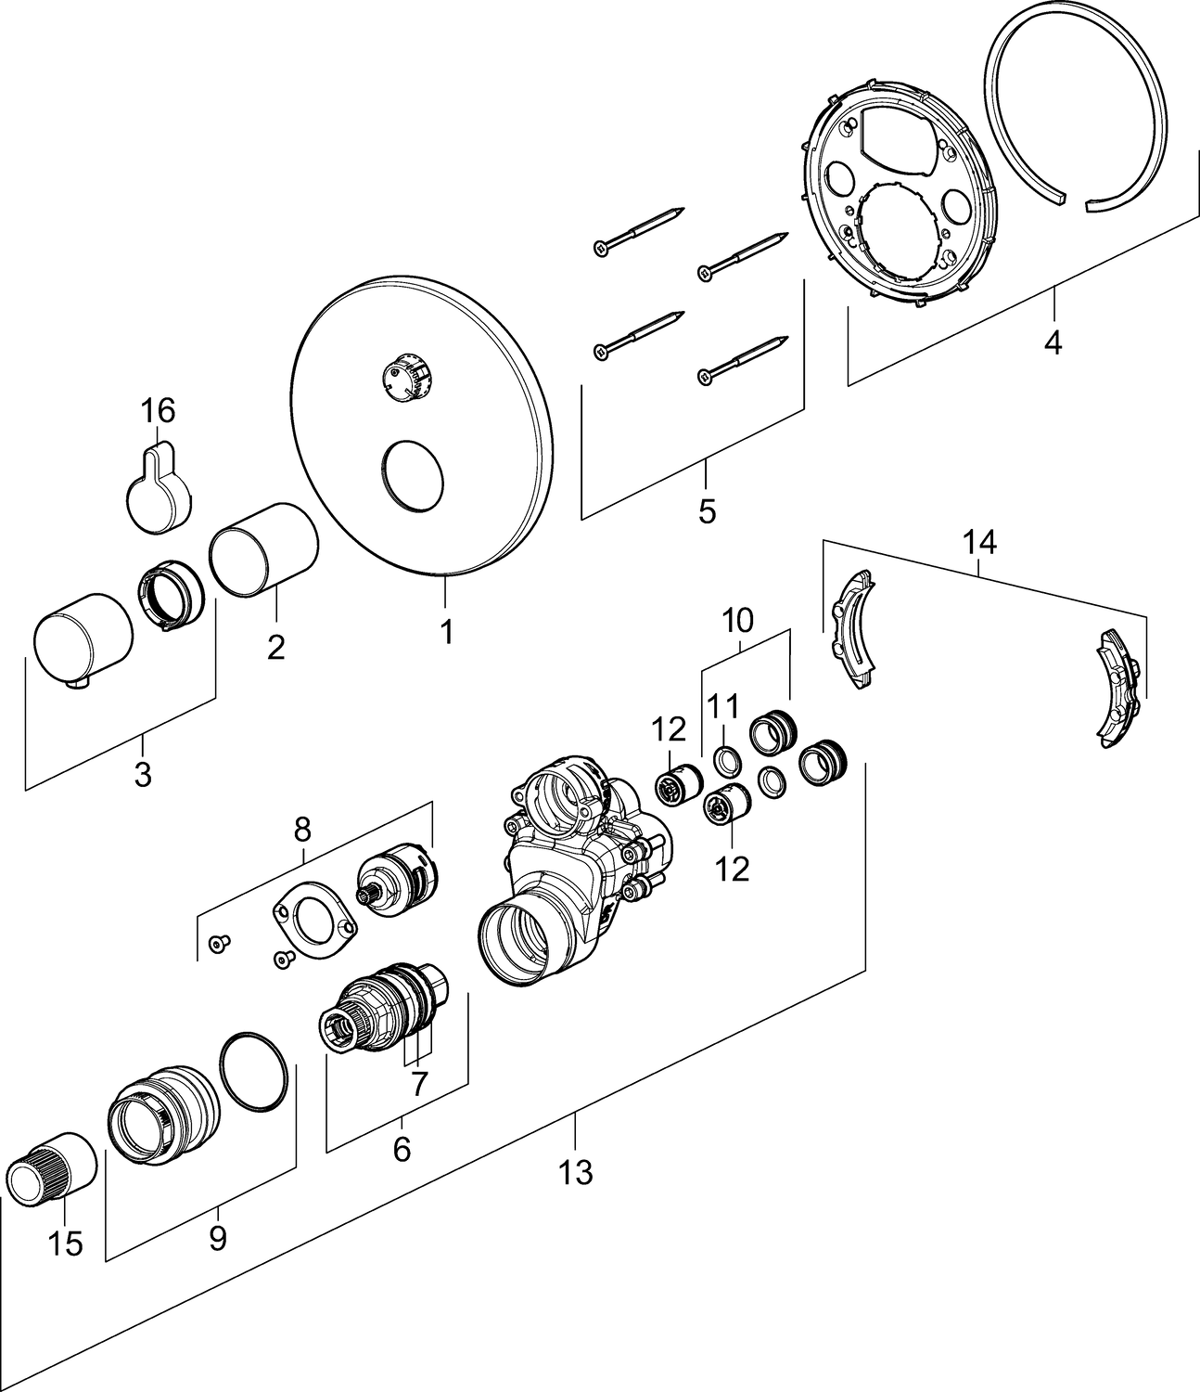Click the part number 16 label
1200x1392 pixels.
pos(158,409)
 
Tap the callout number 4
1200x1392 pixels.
pos(1052,342)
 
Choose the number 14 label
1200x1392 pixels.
pos(979,543)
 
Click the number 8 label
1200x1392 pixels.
pos(302,831)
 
